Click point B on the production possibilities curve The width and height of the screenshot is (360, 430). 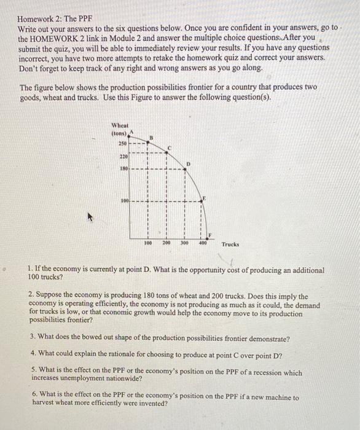click(x=148, y=140)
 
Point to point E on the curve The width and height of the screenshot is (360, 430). click(x=202, y=201)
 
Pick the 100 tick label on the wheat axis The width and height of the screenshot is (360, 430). click(x=123, y=201)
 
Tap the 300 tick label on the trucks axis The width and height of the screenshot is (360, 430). click(x=184, y=243)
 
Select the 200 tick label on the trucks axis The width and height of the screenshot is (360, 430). click(x=166, y=243)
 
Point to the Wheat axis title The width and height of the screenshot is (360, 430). click(x=119, y=124)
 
